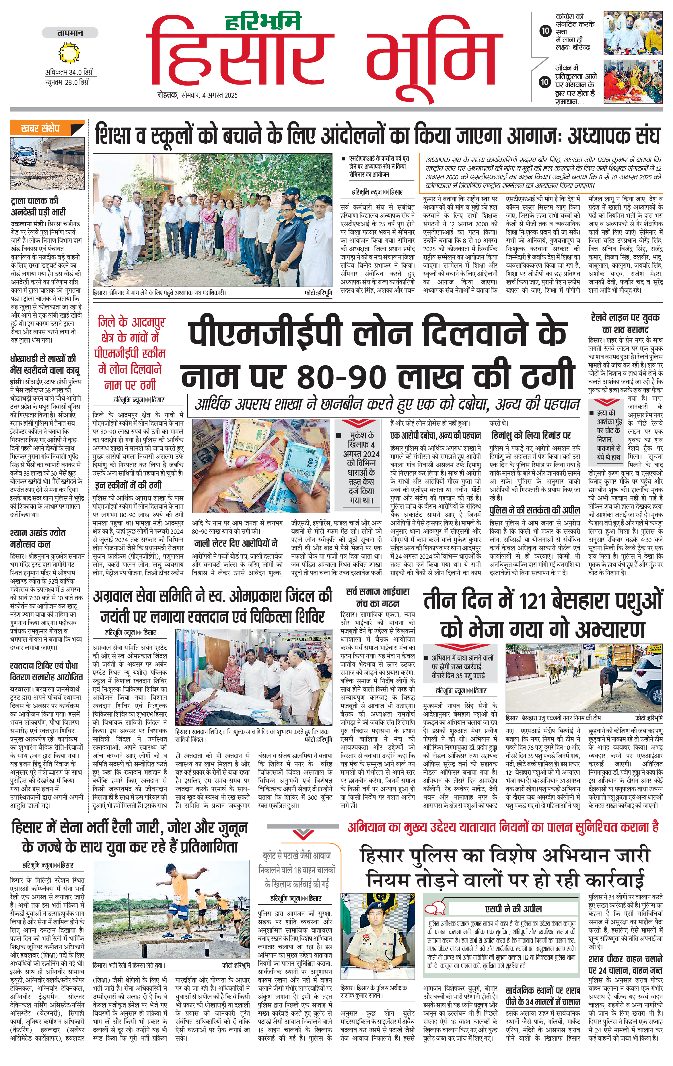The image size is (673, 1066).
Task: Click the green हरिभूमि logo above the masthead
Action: [263, 21]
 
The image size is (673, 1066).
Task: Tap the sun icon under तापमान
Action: [69, 53]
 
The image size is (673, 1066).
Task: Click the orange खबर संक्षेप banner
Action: [47, 128]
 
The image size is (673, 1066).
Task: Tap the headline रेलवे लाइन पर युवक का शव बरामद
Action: [625, 323]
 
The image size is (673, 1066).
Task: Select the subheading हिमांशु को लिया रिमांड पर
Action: [530, 435]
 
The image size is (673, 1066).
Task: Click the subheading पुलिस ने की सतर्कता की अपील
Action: [535, 510]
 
